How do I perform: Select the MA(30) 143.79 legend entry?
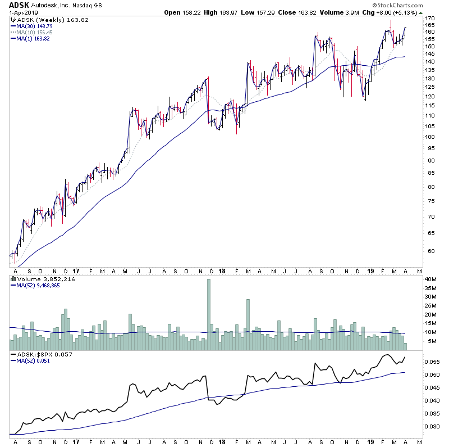click(35, 26)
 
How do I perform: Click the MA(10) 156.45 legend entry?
click(35, 32)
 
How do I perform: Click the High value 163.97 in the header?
click(232, 12)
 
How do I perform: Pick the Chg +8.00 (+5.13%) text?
click(405, 12)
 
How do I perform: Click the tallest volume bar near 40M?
click(209, 315)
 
